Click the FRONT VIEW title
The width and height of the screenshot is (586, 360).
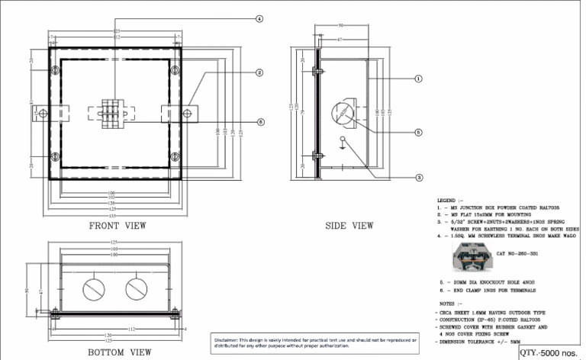pos(118,226)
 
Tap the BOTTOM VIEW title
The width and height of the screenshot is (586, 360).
pos(119,352)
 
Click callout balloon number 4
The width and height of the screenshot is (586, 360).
pos(259,18)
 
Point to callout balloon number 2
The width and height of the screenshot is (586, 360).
pos(259,73)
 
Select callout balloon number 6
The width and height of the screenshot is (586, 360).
pos(259,122)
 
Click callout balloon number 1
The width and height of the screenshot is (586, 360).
pos(418,79)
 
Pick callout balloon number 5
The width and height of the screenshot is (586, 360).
pos(418,132)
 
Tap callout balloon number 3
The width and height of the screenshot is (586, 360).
pos(418,177)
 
